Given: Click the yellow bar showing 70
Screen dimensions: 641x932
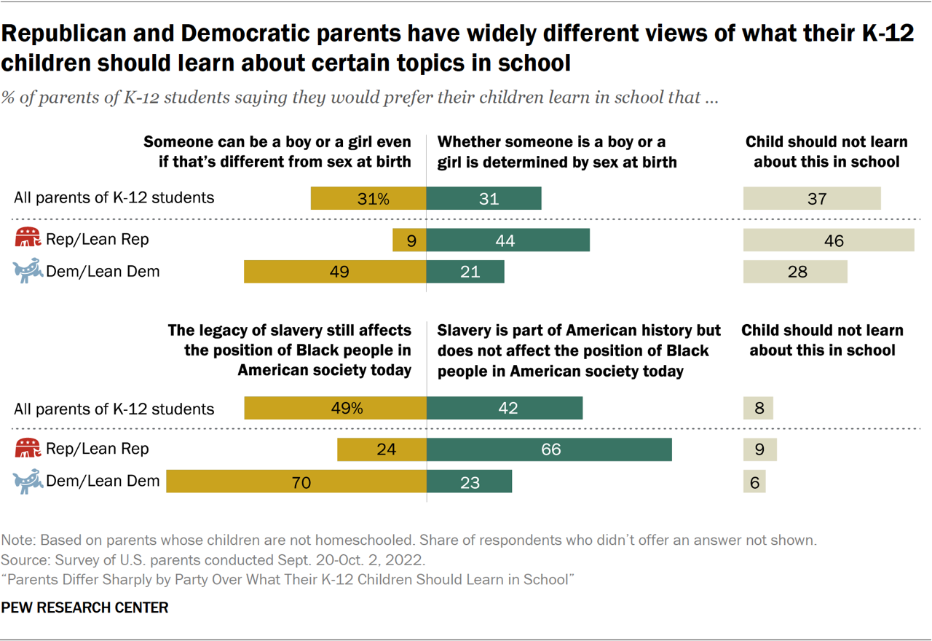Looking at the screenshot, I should click(296, 481).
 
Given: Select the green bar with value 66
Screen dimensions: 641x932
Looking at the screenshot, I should click(549, 449).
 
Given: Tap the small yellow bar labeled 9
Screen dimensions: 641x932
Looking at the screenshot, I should click(409, 240).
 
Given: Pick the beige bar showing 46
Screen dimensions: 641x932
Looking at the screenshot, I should click(828, 240).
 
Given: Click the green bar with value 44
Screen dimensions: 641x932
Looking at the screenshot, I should click(508, 240).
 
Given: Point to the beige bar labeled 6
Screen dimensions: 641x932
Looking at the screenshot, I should click(755, 481).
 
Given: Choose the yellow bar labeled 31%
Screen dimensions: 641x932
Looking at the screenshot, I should click(368, 198).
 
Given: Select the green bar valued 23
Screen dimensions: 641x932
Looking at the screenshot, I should click(469, 481).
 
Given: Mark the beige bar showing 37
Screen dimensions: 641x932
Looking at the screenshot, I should click(812, 198).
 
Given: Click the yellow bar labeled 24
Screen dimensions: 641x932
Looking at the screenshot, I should click(382, 449).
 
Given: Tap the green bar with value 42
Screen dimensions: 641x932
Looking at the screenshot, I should click(505, 408).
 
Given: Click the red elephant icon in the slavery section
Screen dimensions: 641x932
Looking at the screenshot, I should click(28, 449).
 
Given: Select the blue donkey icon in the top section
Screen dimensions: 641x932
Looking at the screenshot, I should click(28, 272).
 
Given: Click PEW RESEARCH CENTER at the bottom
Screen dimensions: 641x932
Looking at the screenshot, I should click(84, 607).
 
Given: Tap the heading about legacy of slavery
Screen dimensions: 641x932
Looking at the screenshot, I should click(290, 350).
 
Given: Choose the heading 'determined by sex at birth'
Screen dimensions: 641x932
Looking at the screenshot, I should click(557, 152).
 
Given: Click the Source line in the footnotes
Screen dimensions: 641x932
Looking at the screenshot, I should click(213, 560).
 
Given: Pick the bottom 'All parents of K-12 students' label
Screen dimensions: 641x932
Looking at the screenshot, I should click(114, 409).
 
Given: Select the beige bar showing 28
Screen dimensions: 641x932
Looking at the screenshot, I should click(795, 272).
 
